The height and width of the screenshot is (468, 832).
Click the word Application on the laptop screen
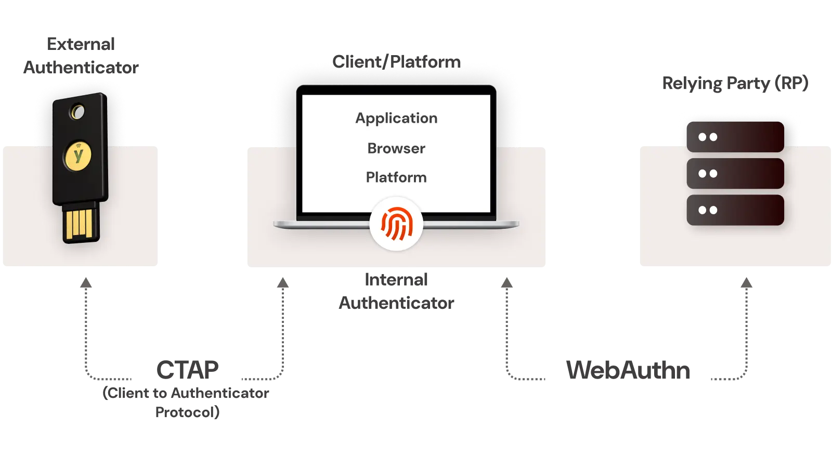click(x=396, y=119)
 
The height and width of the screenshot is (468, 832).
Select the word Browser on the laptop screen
click(x=396, y=148)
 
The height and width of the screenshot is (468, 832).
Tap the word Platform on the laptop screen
click(x=396, y=177)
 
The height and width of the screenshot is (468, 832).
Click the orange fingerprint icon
click(x=396, y=224)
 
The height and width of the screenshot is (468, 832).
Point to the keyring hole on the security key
click(x=78, y=112)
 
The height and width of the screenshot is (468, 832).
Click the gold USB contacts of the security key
click(x=81, y=224)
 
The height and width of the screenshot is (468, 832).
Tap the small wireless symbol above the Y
click(x=78, y=146)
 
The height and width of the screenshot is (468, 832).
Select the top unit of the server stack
click(x=735, y=137)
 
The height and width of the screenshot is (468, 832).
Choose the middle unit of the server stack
click(x=735, y=173)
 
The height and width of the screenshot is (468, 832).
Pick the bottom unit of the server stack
click(x=735, y=210)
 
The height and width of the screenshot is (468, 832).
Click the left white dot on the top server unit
click(x=703, y=137)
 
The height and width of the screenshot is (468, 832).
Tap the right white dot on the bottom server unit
click(x=713, y=210)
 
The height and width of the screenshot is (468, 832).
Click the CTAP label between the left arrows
click(x=187, y=369)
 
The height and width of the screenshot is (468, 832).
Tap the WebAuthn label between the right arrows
click(x=628, y=370)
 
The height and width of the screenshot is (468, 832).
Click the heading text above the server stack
click(x=735, y=83)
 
